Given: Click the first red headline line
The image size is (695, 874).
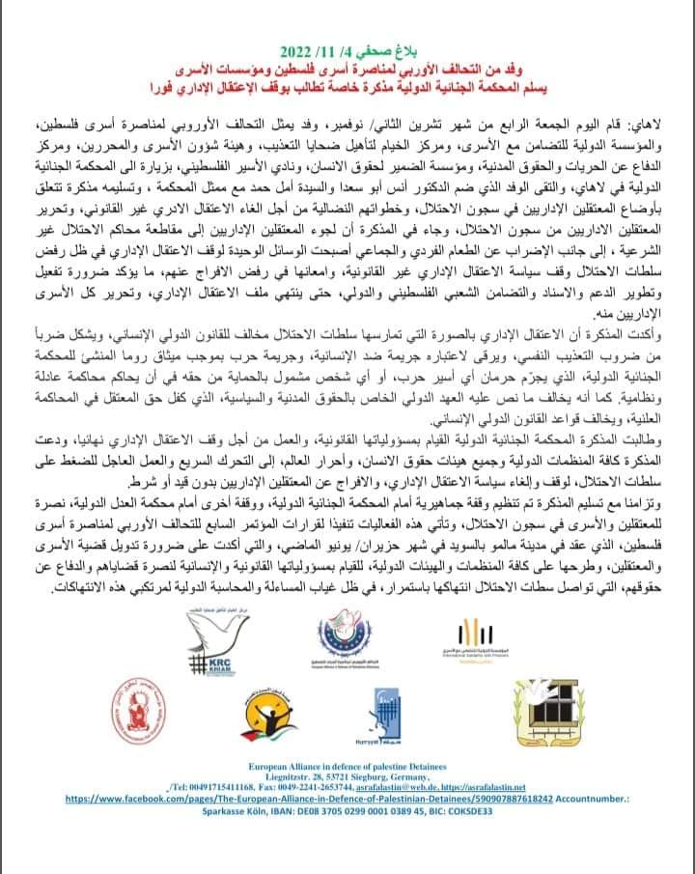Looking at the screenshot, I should point(347,70).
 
